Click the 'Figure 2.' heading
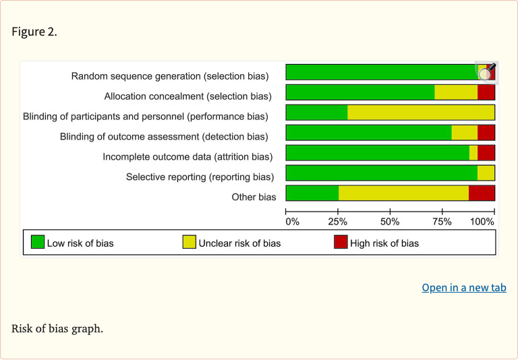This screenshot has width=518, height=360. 34,32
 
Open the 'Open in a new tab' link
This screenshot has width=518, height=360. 463,287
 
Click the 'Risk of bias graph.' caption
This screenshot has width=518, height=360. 57,329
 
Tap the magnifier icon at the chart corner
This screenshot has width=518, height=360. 486,71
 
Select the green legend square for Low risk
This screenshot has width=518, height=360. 38,242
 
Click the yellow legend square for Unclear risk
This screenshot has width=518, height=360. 190,242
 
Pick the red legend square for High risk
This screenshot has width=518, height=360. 341,242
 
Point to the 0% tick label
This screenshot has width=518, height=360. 293,221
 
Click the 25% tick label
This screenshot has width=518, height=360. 338,221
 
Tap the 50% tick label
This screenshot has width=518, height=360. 390,221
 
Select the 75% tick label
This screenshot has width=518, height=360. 442,221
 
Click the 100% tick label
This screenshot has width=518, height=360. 482,221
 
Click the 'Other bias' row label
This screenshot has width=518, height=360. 254,197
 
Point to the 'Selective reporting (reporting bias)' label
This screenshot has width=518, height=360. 200,177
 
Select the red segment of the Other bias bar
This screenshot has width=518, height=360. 482,193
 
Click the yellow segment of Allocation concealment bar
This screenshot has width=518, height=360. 456,92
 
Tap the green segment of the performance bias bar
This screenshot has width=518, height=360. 316,113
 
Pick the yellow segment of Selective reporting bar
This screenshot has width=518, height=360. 486,173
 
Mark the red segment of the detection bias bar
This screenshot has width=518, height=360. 486,133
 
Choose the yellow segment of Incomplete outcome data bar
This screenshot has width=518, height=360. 473,153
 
